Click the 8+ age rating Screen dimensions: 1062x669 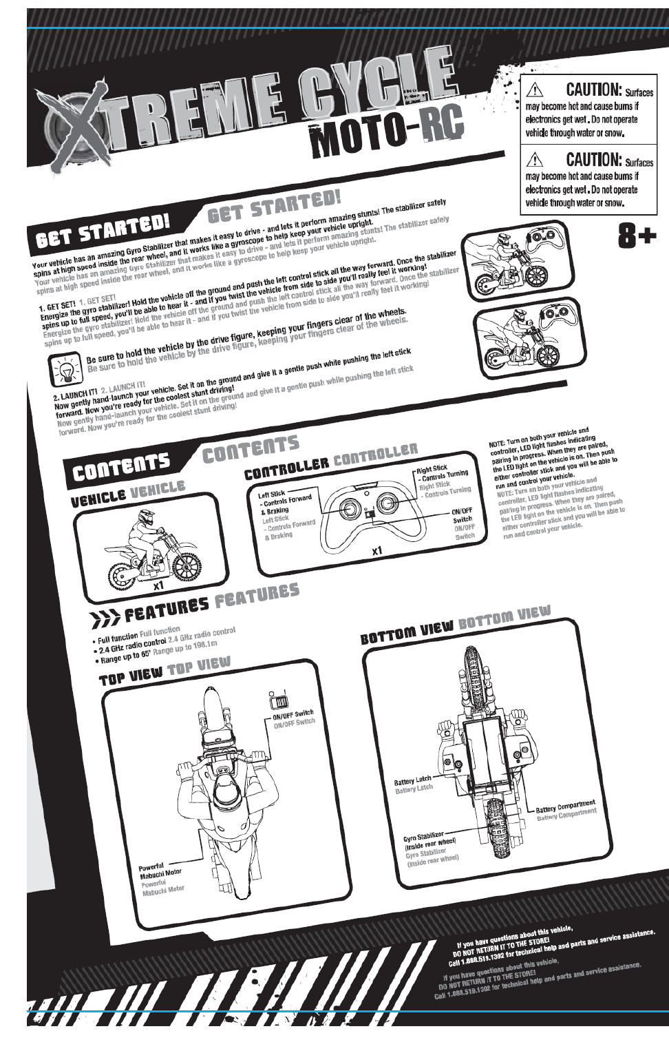[637, 236]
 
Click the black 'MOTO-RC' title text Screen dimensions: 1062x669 [386, 134]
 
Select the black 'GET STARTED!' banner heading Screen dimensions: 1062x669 [103, 230]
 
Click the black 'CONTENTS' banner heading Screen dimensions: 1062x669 [121, 468]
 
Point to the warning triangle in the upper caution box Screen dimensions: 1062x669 [535, 90]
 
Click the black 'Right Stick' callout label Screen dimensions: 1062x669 [432, 468]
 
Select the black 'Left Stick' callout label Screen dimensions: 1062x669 [271, 494]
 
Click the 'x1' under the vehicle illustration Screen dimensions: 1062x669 [159, 585]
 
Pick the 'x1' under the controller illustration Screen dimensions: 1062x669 [376, 551]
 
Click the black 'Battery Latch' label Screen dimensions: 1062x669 [412, 780]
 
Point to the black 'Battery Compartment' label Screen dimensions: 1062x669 [566, 806]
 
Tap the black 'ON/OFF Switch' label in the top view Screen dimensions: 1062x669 [293, 715]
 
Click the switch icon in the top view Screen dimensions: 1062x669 [279, 700]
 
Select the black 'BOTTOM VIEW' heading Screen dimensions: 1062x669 [407, 630]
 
